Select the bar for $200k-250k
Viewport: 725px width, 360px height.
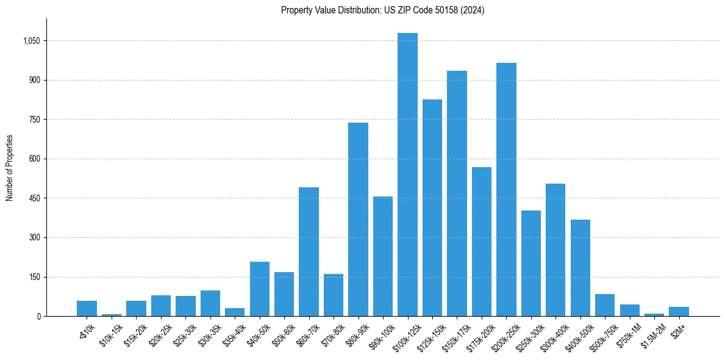coord(506,189)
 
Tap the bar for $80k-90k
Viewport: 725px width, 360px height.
coord(358,220)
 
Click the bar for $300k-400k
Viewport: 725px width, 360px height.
coord(555,250)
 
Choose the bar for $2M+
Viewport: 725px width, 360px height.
coord(679,311)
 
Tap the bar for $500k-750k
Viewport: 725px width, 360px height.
coord(604,305)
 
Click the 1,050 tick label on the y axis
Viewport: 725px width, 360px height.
coord(31,41)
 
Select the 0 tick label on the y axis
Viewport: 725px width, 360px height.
coord(38,316)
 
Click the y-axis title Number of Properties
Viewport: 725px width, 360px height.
coord(10,168)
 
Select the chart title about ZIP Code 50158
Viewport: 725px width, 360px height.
coord(382,10)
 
